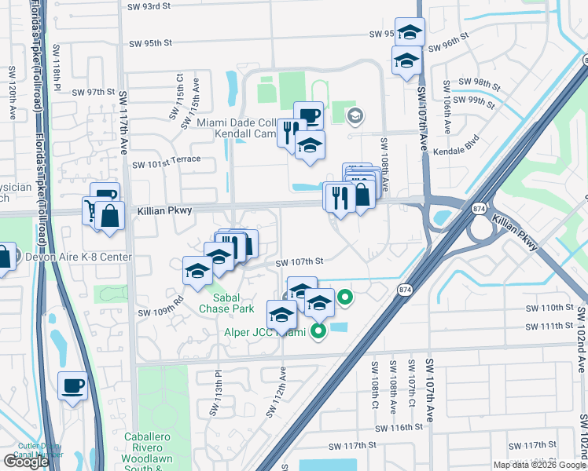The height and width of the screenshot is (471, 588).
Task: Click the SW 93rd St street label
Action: click(x=149, y=6)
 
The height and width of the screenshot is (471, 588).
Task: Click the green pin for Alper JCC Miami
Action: click(x=318, y=331)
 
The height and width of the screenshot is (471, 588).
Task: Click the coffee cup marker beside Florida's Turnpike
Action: click(x=72, y=385)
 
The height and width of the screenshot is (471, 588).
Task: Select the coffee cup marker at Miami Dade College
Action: click(x=308, y=115)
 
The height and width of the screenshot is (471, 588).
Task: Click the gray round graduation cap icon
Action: click(x=355, y=116)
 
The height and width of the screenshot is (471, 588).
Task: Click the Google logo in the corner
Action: click(x=25, y=462)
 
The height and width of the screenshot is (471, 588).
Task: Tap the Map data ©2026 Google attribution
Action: click(x=538, y=465)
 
